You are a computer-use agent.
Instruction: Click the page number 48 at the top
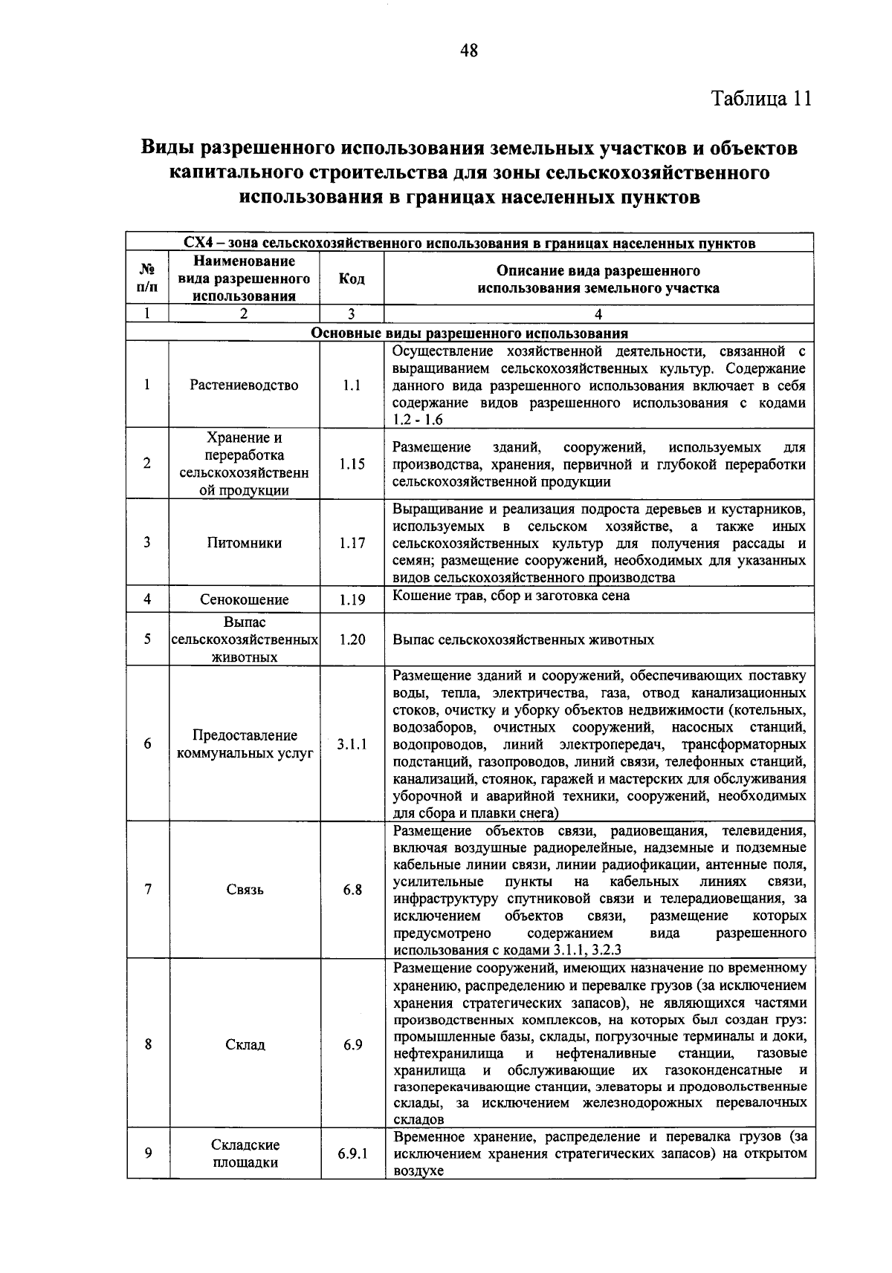click(468, 51)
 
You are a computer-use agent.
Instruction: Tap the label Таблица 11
click(761, 99)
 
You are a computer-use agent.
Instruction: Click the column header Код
click(352, 279)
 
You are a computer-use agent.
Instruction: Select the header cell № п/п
click(147, 279)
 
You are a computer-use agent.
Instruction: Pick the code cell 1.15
click(352, 463)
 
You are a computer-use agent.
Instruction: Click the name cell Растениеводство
click(244, 385)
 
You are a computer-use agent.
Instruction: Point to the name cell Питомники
click(244, 543)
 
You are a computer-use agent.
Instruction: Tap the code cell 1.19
click(352, 599)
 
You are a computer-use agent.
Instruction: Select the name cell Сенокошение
click(244, 599)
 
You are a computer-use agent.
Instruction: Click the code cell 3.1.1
click(352, 743)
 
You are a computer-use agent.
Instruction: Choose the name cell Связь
click(244, 890)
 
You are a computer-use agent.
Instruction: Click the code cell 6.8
click(352, 890)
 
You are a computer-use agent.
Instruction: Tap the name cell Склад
click(244, 1044)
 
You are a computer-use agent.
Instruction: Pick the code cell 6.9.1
click(352, 1153)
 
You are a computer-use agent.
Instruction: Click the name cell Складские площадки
click(244, 1153)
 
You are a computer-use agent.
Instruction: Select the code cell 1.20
click(352, 639)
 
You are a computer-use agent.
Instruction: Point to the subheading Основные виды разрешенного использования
click(469, 333)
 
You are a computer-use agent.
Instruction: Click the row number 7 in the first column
click(147, 890)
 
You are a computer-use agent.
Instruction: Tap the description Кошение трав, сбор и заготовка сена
click(511, 596)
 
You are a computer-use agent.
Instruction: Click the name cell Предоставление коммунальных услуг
click(244, 743)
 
